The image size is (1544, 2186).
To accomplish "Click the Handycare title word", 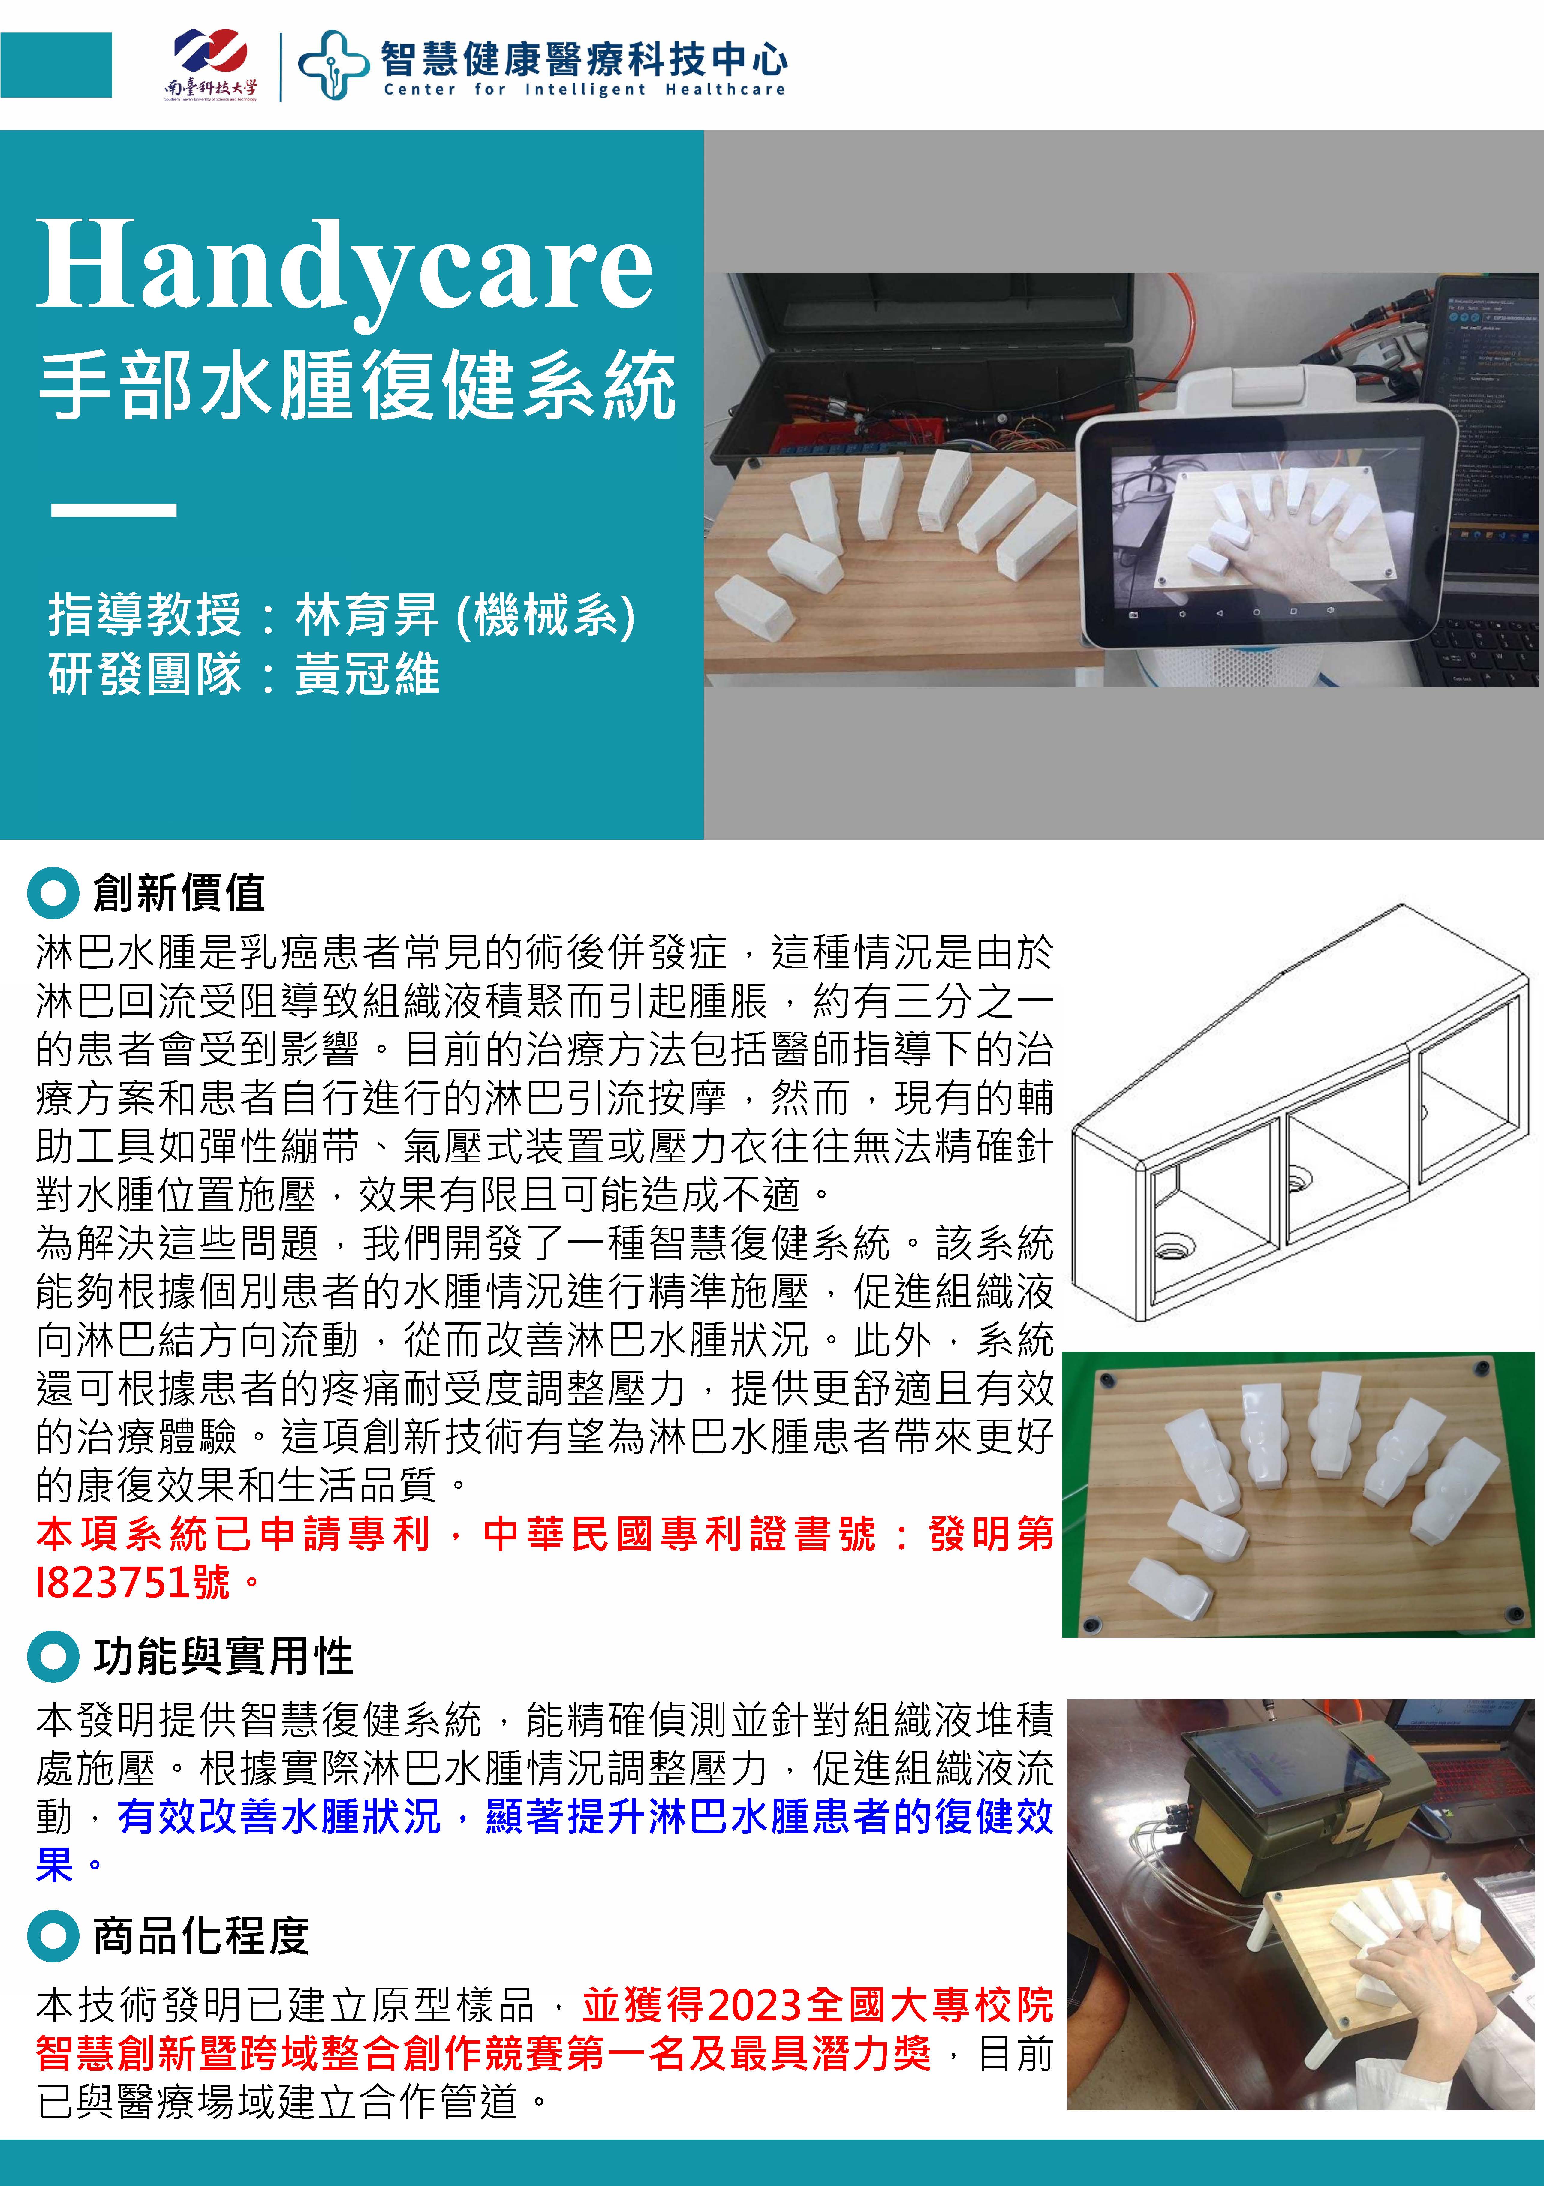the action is pyautogui.click(x=345, y=266).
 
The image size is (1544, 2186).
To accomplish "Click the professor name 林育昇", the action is pyautogui.click(x=367, y=614).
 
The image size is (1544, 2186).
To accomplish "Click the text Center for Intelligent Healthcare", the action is pyautogui.click(x=585, y=89).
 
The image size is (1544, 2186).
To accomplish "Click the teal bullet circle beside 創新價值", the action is pyautogui.click(x=53, y=893).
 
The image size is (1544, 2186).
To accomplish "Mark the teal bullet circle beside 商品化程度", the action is pyautogui.click(x=53, y=1936).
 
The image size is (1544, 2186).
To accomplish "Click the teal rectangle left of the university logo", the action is pyautogui.click(x=56, y=65).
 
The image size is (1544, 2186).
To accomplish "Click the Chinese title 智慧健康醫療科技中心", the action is pyautogui.click(x=585, y=58).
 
